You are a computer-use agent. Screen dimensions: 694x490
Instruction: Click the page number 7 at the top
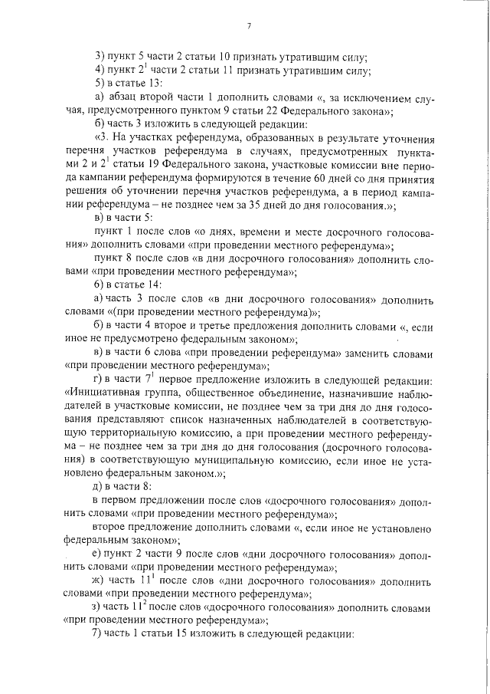pyautogui.click(x=250, y=26)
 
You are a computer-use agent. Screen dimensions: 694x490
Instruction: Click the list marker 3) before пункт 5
pyautogui.click(x=100, y=58)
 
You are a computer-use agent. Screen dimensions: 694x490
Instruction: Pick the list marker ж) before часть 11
pyautogui.click(x=100, y=581)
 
